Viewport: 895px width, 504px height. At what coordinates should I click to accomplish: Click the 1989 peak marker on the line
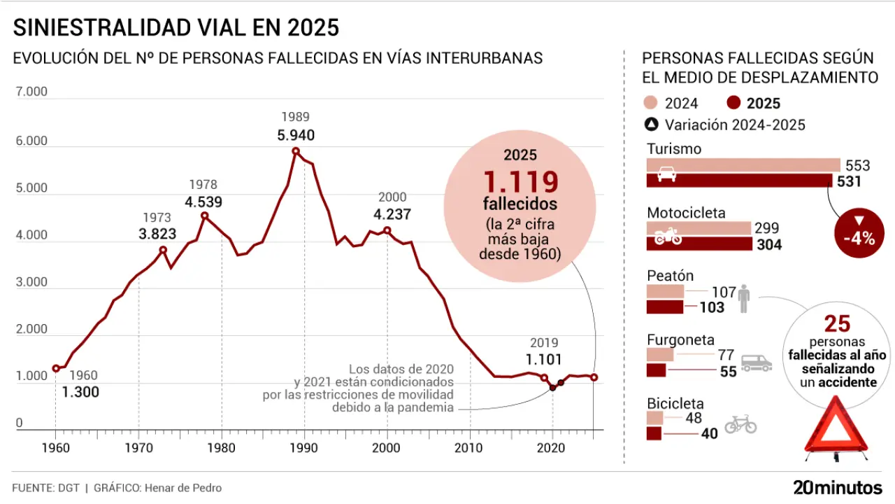pyautogui.click(x=296, y=151)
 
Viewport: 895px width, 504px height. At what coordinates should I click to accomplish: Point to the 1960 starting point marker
pyautogui.click(x=55, y=368)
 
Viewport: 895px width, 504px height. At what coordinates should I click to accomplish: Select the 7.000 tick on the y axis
pyautogui.click(x=31, y=92)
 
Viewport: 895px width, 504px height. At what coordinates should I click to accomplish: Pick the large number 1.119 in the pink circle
pyautogui.click(x=520, y=182)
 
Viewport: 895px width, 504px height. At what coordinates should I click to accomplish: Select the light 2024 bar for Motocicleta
pyautogui.click(x=699, y=229)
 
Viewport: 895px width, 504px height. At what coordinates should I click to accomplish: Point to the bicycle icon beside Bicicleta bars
pyautogui.click(x=740, y=423)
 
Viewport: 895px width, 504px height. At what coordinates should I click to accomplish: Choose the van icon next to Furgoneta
pyautogui.click(x=757, y=362)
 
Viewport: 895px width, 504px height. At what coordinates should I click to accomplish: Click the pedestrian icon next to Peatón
pyautogui.click(x=743, y=297)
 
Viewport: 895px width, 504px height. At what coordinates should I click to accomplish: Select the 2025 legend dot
pyautogui.click(x=733, y=104)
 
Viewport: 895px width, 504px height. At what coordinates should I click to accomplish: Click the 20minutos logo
pyautogui.click(x=838, y=487)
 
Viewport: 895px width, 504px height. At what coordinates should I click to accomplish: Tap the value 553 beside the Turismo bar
pyautogui.click(x=858, y=165)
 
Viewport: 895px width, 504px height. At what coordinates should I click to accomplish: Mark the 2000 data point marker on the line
pyautogui.click(x=387, y=230)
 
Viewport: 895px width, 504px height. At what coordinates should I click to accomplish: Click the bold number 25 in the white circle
pyautogui.click(x=837, y=323)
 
